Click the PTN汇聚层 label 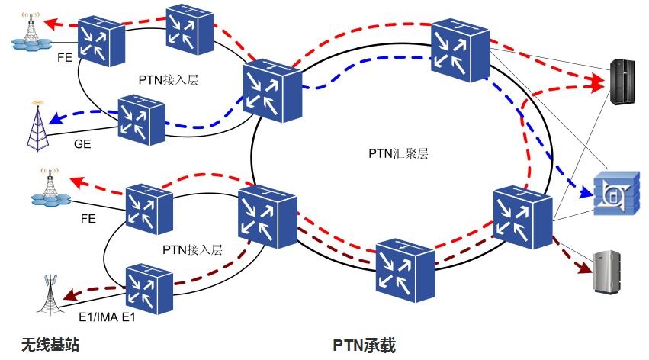(398, 153)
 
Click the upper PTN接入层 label (169, 79)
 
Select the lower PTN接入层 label (192, 249)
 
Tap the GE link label (82, 143)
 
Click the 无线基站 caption (50, 345)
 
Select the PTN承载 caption (365, 345)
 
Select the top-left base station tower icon (31, 32)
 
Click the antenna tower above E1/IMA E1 (53, 293)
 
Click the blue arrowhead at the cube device (586, 194)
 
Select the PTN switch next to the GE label (141, 120)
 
